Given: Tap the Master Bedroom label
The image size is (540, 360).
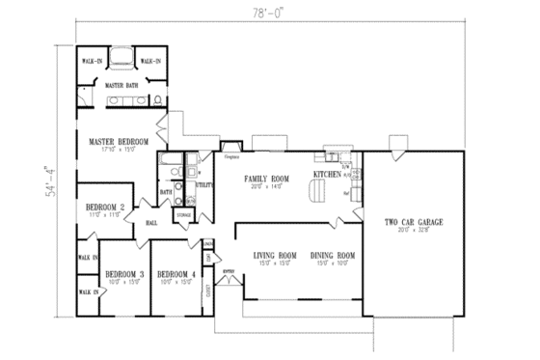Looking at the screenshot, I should pyautogui.click(x=119, y=142).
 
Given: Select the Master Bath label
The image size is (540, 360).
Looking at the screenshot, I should pyautogui.click(x=120, y=85).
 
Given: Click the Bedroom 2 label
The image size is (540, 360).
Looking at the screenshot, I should pyautogui.click(x=105, y=207).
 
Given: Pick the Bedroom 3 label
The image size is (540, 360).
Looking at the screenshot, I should pyautogui.click(x=124, y=274).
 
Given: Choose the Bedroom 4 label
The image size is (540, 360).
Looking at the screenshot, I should pyautogui.click(x=176, y=274).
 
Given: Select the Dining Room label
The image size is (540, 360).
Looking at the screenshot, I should pyautogui.click(x=333, y=256).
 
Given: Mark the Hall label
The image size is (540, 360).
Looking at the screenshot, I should pyautogui.click(x=151, y=223).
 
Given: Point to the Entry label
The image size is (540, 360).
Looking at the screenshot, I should pyautogui.click(x=229, y=273).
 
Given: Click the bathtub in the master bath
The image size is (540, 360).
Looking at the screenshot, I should pyautogui.click(x=121, y=60).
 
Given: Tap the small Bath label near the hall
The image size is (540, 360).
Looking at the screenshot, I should pyautogui.click(x=166, y=192).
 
